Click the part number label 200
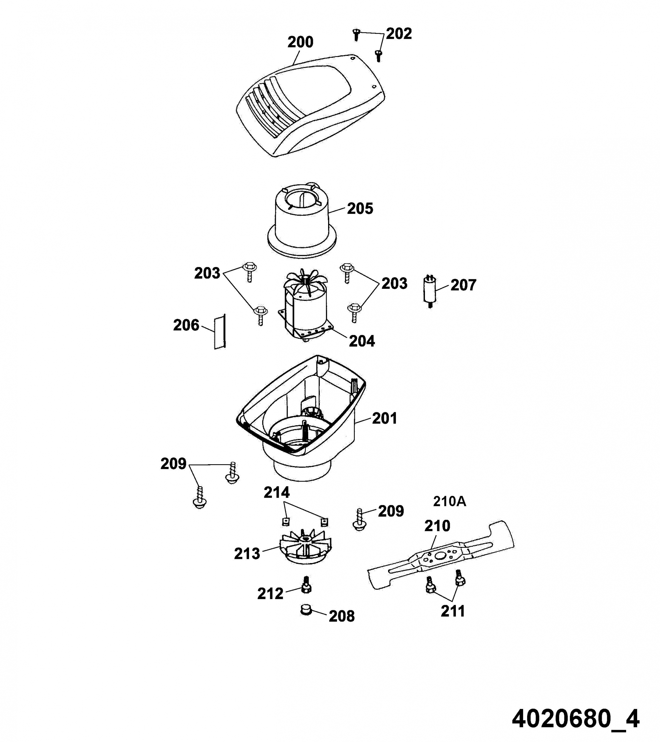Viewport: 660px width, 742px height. coord(300,42)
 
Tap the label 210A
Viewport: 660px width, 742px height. coord(449,502)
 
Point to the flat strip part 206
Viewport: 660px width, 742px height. coord(220,332)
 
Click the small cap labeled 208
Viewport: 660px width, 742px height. coord(306,610)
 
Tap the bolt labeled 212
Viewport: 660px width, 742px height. coord(306,584)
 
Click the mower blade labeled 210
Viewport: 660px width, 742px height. coord(441,557)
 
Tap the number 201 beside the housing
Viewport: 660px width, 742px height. coord(384,418)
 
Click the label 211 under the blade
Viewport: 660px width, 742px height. coord(453,611)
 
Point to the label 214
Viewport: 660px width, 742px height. coord(277,493)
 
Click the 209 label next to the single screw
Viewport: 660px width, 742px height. coord(391,511)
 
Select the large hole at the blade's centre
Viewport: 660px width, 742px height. coord(440,556)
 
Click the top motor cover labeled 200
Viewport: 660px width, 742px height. coord(311,105)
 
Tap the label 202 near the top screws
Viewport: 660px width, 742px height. coord(399,34)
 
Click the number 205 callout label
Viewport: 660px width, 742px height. coord(360,209)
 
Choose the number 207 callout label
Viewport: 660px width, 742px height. coord(463,285)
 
